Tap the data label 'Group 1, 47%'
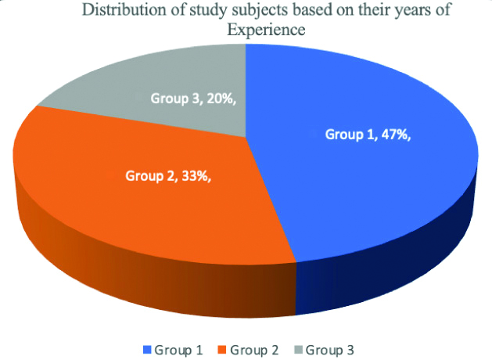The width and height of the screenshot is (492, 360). (x=368, y=134)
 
